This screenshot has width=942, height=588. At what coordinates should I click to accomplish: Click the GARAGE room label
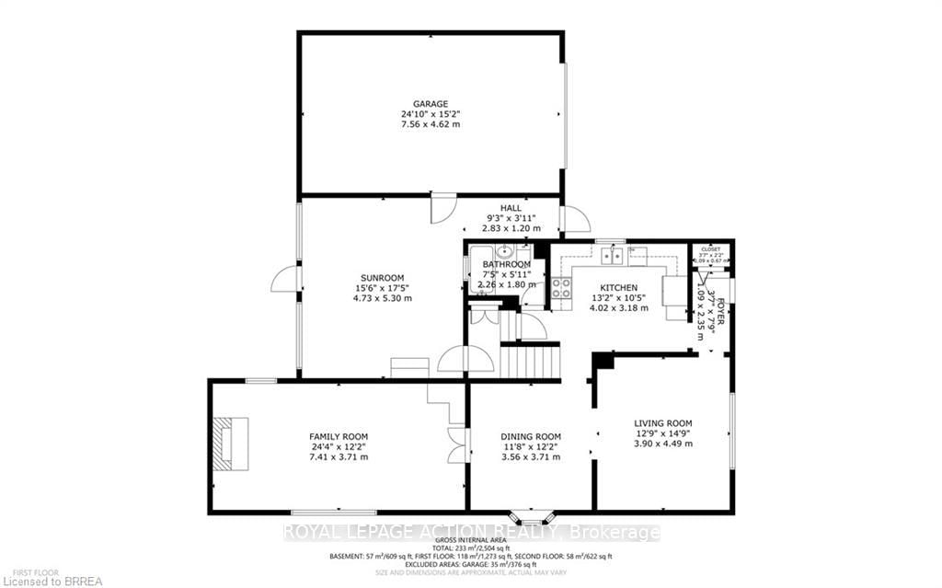pos(430,104)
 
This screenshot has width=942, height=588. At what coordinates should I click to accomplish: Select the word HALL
pos(511,208)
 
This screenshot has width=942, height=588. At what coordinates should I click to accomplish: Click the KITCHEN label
pos(618,288)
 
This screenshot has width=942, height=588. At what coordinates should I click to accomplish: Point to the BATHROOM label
pos(507,265)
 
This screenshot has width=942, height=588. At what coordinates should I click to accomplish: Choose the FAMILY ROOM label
pos(338,436)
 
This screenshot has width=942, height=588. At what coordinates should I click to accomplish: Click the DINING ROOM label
pos(530,436)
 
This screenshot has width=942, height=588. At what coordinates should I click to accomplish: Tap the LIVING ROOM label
pos(662,423)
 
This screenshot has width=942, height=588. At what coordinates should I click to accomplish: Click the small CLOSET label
pos(711,248)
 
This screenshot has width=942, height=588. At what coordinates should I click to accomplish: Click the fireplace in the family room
pos(228,444)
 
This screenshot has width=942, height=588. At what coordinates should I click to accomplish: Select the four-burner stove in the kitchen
pos(560,287)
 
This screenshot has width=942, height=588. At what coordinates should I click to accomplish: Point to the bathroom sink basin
pos(504,250)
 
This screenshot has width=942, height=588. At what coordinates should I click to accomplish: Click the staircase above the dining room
pos(530,358)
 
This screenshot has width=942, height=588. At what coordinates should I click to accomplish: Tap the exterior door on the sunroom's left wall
pos(286,279)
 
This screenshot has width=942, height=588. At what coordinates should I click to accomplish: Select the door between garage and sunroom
pos(442,207)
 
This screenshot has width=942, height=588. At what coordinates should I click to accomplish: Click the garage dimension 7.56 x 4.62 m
pos(430,124)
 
